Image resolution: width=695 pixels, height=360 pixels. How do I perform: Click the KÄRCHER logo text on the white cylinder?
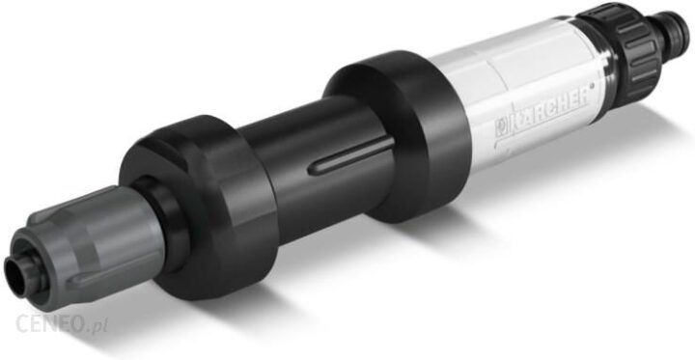(x=543, y=112)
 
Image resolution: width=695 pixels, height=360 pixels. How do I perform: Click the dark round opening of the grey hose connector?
(x=14, y=277)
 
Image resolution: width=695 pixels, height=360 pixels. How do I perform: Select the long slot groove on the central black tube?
(x=350, y=155)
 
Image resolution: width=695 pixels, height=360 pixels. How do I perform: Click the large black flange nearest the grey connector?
(x=200, y=207)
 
